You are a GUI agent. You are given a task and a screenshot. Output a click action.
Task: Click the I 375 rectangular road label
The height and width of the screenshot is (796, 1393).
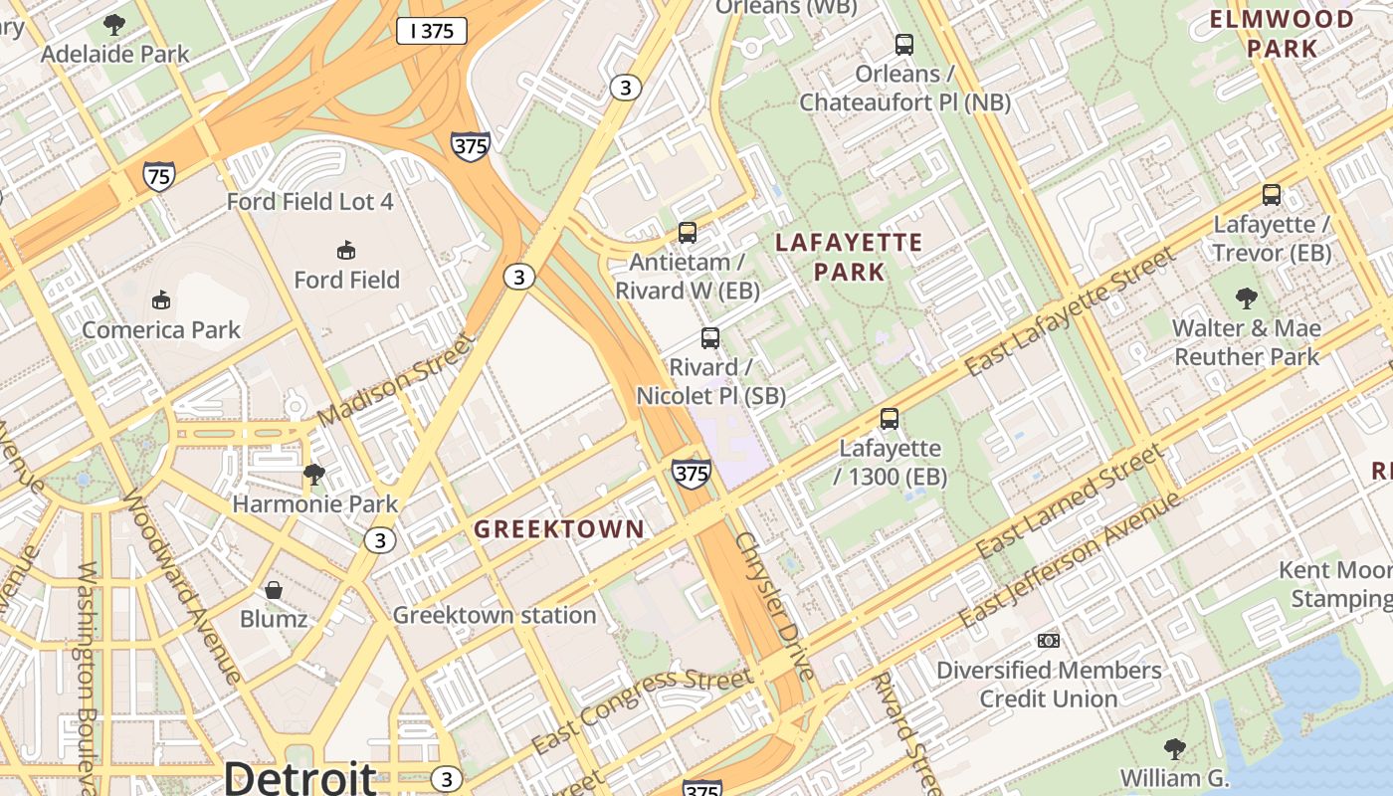(x=432, y=31)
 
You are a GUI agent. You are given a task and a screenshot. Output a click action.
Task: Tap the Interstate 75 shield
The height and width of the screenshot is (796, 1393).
(x=159, y=177)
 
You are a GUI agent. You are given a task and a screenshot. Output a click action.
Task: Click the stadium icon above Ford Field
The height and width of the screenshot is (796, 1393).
(x=345, y=250)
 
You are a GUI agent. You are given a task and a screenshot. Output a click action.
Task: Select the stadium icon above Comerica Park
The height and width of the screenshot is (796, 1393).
(x=160, y=299)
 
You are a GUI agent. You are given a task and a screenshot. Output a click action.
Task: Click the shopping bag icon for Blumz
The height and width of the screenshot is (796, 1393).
(x=274, y=590)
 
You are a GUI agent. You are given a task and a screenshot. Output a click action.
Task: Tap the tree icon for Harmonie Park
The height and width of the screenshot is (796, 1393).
(x=314, y=474)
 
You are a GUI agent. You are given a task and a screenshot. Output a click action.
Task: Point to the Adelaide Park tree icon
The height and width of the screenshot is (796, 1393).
(x=114, y=24)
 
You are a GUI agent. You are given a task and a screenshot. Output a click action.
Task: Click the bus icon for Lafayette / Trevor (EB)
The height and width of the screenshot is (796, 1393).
(x=1271, y=195)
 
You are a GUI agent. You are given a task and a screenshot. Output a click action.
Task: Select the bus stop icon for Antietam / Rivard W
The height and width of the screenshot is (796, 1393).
(x=687, y=233)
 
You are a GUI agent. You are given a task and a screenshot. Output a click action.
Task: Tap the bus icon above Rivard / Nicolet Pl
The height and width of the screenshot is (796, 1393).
(x=709, y=338)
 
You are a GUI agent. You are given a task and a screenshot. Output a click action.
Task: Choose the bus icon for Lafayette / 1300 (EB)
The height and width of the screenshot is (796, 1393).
(x=890, y=419)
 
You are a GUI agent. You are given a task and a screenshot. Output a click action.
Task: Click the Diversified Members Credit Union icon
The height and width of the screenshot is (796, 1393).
(x=1049, y=641)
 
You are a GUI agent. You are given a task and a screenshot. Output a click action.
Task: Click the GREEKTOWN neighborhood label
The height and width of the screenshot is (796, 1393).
(x=559, y=529)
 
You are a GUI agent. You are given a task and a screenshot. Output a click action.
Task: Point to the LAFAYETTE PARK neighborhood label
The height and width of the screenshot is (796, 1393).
(x=849, y=257)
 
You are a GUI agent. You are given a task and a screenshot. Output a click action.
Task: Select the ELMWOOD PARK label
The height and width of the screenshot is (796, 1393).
(x=1282, y=33)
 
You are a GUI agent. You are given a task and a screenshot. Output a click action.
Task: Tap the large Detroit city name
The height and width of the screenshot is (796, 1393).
(x=299, y=777)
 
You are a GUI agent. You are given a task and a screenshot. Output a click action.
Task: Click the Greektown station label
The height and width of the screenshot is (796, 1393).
(x=495, y=615)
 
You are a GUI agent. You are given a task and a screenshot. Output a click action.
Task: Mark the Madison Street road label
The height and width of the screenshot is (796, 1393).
(x=395, y=379)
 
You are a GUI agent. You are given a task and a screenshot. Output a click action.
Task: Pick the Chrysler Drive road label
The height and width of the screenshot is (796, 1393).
(x=775, y=607)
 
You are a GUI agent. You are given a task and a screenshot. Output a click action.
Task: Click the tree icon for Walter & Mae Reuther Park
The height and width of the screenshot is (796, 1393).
(x=1246, y=298)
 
